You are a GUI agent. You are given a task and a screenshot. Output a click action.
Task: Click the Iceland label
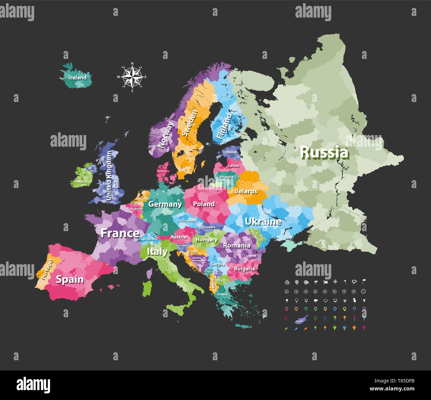(77, 78)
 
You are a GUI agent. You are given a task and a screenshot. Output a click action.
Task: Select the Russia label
(324, 153)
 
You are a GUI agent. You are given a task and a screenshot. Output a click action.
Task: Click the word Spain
(70, 279)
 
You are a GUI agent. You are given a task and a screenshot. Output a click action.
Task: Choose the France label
(120, 233)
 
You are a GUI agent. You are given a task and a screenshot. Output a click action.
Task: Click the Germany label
(165, 204)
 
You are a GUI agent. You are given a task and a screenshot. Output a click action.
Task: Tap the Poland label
(204, 204)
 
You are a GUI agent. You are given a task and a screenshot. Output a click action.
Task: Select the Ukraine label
(263, 222)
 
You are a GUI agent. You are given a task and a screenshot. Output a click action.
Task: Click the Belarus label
(246, 191)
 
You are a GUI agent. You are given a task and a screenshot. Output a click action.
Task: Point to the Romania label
(236, 246)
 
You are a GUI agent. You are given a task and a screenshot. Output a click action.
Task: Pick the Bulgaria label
(244, 269)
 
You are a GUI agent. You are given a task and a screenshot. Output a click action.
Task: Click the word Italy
(157, 252)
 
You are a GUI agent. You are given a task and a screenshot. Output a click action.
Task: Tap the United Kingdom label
(109, 176)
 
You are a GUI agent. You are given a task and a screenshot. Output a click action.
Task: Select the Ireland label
(81, 181)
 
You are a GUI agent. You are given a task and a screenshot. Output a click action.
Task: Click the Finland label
(224, 126)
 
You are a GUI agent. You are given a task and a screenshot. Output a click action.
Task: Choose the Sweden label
(189, 123)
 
